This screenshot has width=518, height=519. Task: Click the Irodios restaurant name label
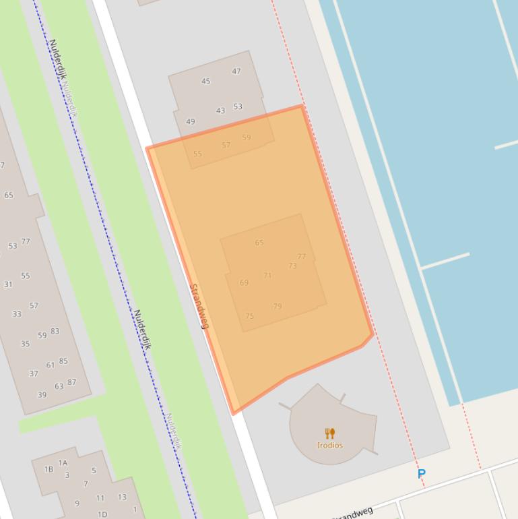(x=330, y=445)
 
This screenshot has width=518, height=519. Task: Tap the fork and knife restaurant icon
(x=329, y=433)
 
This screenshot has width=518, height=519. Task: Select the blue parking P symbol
(x=422, y=474)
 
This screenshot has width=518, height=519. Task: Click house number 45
(x=205, y=81)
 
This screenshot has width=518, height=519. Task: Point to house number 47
(x=236, y=71)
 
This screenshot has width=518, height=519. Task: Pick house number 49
(x=190, y=122)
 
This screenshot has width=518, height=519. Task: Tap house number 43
(x=220, y=111)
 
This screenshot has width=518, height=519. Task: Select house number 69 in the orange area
(x=244, y=282)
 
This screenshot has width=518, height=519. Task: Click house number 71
(x=267, y=275)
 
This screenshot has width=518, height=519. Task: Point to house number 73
(x=292, y=266)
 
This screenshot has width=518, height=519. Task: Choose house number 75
(x=249, y=315)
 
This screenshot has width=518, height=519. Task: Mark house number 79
(x=278, y=306)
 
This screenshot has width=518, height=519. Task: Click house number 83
(x=55, y=331)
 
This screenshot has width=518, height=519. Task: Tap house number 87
(x=71, y=382)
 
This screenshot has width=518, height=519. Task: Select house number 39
(x=42, y=395)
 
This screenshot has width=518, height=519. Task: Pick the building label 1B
(x=48, y=469)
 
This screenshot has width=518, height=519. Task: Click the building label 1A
(x=63, y=462)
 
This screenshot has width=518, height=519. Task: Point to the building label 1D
(x=102, y=514)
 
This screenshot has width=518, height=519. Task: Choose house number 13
(x=122, y=497)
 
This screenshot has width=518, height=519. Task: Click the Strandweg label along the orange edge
(x=199, y=306)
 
